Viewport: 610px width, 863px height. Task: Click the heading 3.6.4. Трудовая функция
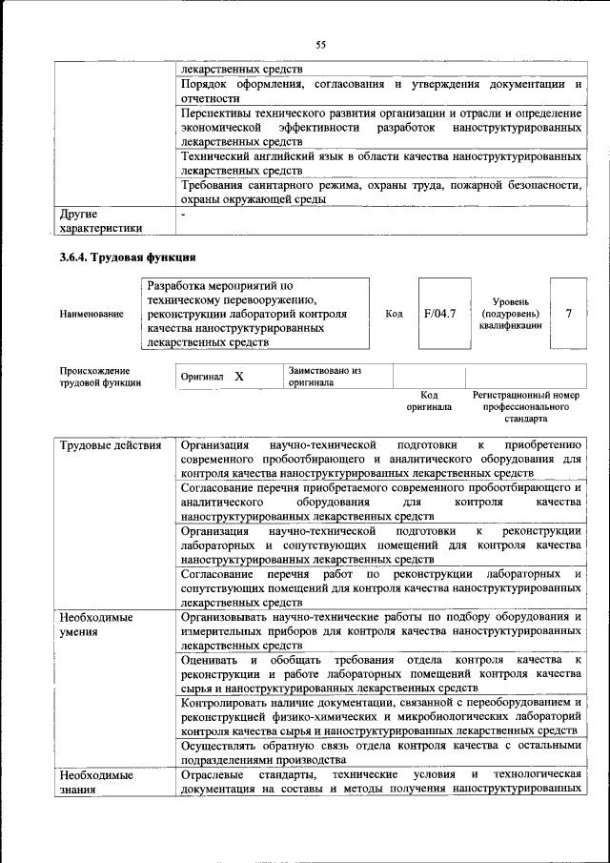click(128, 257)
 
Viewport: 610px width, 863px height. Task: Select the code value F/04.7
click(440, 313)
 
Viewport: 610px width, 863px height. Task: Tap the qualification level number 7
click(568, 313)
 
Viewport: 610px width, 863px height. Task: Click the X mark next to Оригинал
click(239, 377)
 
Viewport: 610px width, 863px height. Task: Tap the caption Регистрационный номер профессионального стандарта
click(525, 406)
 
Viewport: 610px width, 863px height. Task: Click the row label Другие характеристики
click(100, 221)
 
